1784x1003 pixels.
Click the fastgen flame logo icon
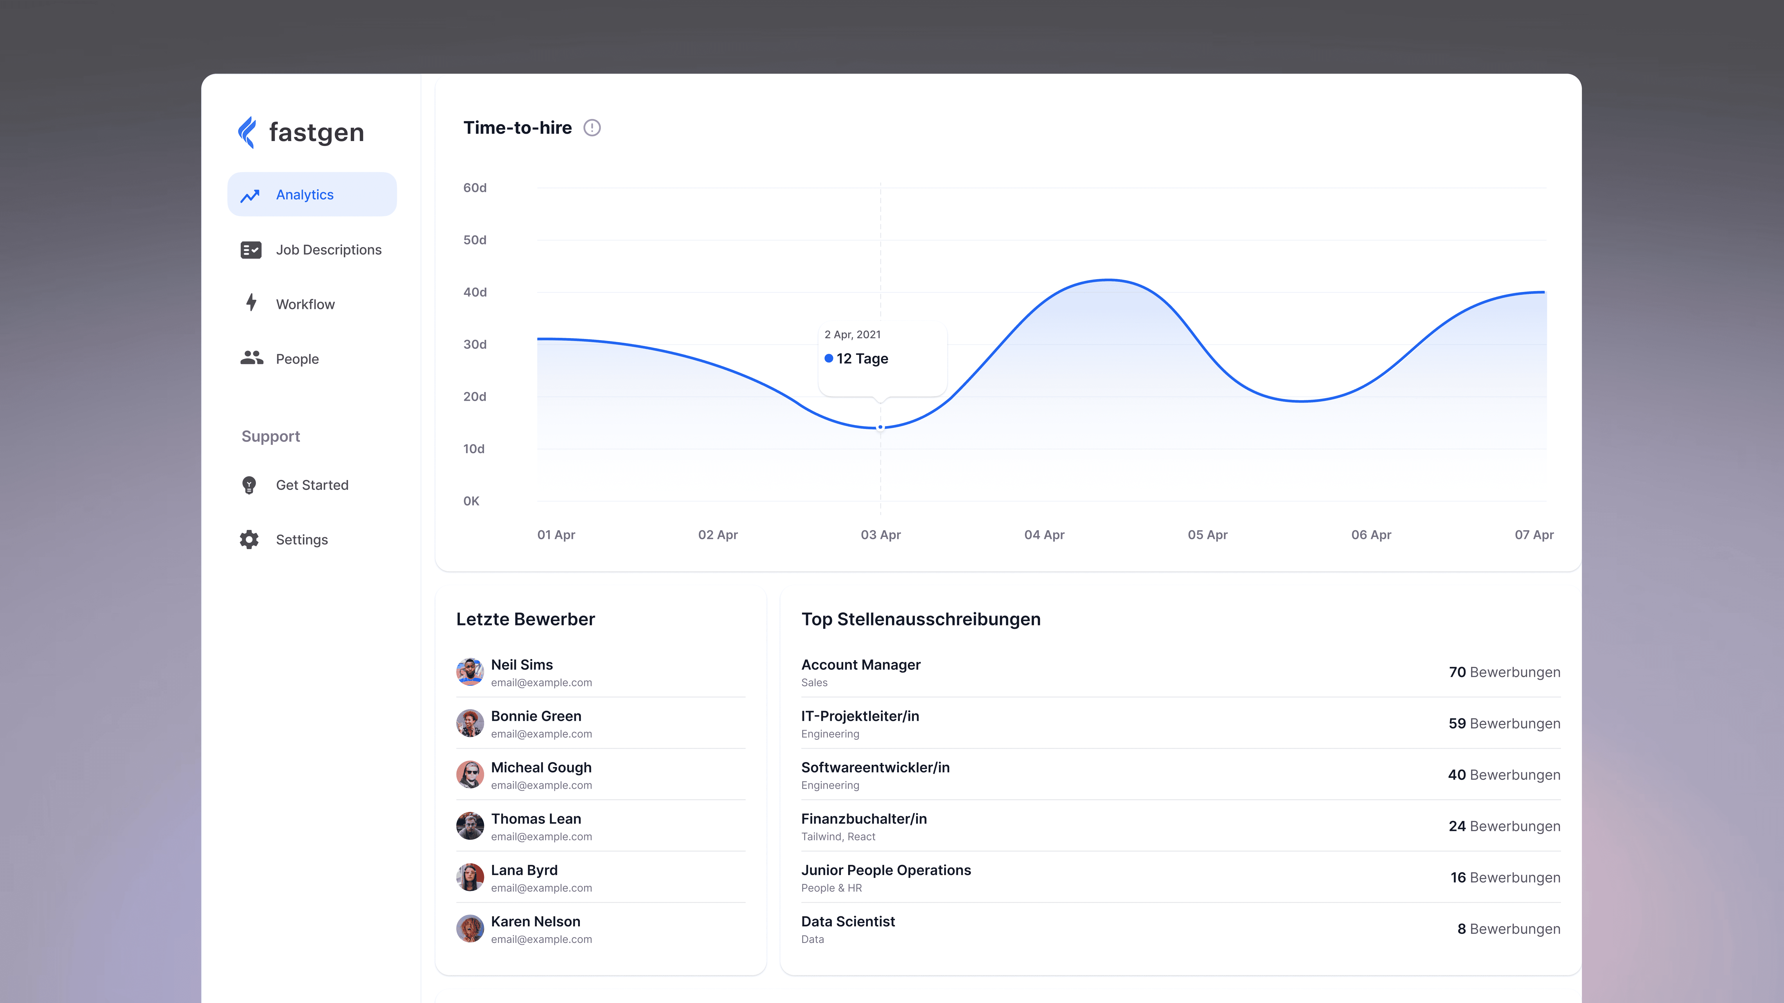247,132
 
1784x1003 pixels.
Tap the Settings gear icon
249,539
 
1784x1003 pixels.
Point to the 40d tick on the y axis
475,292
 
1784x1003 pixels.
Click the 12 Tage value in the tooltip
862,358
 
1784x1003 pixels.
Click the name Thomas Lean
536,819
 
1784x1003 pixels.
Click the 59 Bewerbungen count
1504,723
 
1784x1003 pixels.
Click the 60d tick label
475,187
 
